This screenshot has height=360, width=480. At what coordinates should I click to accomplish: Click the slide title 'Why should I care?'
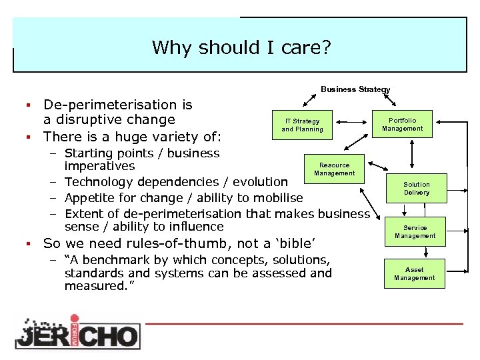tap(241, 48)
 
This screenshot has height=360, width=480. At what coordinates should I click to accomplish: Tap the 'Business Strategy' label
tap(355, 89)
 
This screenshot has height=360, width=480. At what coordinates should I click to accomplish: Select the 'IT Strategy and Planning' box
tap(302, 125)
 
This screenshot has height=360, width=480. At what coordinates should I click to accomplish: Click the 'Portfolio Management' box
tap(402, 125)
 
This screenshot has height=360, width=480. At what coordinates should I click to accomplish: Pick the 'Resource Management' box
tap(334, 169)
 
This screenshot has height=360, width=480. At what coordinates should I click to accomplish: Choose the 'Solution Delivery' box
tap(416, 189)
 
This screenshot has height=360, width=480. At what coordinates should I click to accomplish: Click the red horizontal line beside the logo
tap(304, 323)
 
